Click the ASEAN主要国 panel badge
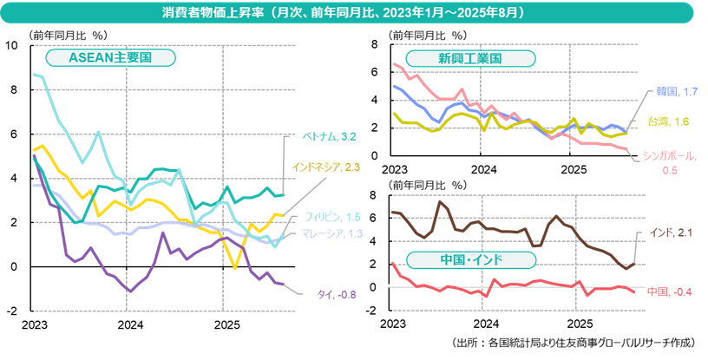click(x=110, y=58)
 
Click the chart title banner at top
click(x=354, y=14)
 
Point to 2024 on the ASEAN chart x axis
click(x=129, y=324)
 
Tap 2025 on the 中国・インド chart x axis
click(x=573, y=323)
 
